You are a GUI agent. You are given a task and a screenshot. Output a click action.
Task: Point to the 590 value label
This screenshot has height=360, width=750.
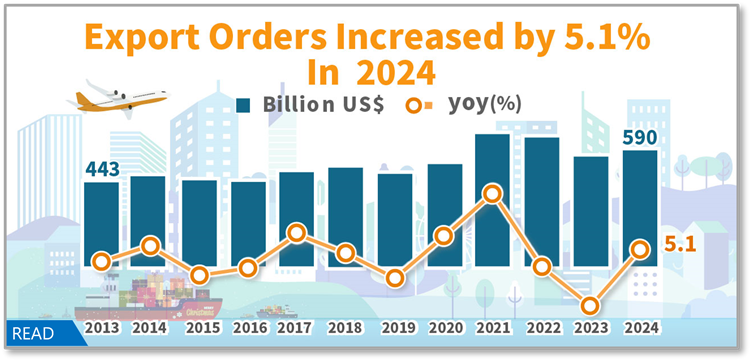coord(640,137)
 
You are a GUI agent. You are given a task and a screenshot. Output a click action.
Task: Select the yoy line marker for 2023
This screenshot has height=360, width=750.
coord(590,306)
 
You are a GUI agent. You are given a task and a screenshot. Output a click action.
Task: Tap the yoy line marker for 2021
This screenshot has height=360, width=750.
coord(492,194)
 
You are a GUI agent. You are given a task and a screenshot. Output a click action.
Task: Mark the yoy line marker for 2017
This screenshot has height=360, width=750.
coord(296,234)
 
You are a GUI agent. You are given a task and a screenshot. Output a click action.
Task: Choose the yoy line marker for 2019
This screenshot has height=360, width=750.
coord(394,279)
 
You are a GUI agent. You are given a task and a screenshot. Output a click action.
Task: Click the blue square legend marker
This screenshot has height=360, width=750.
coord(243,104)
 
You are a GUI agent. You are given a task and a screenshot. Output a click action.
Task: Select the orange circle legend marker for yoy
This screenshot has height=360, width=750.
coord(415,104)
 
